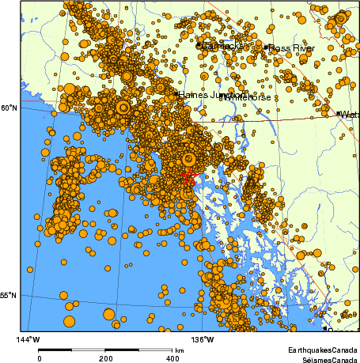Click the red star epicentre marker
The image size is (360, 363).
pos(189,177)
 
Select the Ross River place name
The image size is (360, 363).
pos(292,48)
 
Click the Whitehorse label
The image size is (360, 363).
pos(248,97)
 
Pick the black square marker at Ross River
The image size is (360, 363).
pos(267,48)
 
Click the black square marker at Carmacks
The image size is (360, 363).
pos(199,46)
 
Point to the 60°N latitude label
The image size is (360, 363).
pos(9,108)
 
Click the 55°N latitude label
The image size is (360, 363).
pos(9,296)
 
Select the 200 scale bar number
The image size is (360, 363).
pos(106,357)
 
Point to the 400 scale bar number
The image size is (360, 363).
pos(172,357)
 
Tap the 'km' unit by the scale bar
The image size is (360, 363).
pos(180,350)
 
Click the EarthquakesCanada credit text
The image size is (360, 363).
pos(321,350)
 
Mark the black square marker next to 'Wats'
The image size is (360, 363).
pos(339,114)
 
